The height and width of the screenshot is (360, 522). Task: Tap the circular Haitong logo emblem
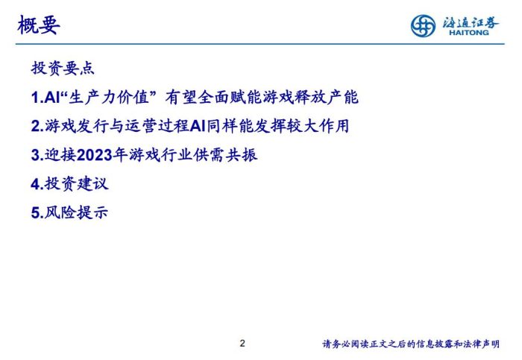point(424,26)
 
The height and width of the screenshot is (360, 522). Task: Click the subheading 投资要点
point(63,69)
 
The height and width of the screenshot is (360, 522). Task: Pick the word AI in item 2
point(197,127)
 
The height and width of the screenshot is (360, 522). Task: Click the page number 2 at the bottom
point(242,344)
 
